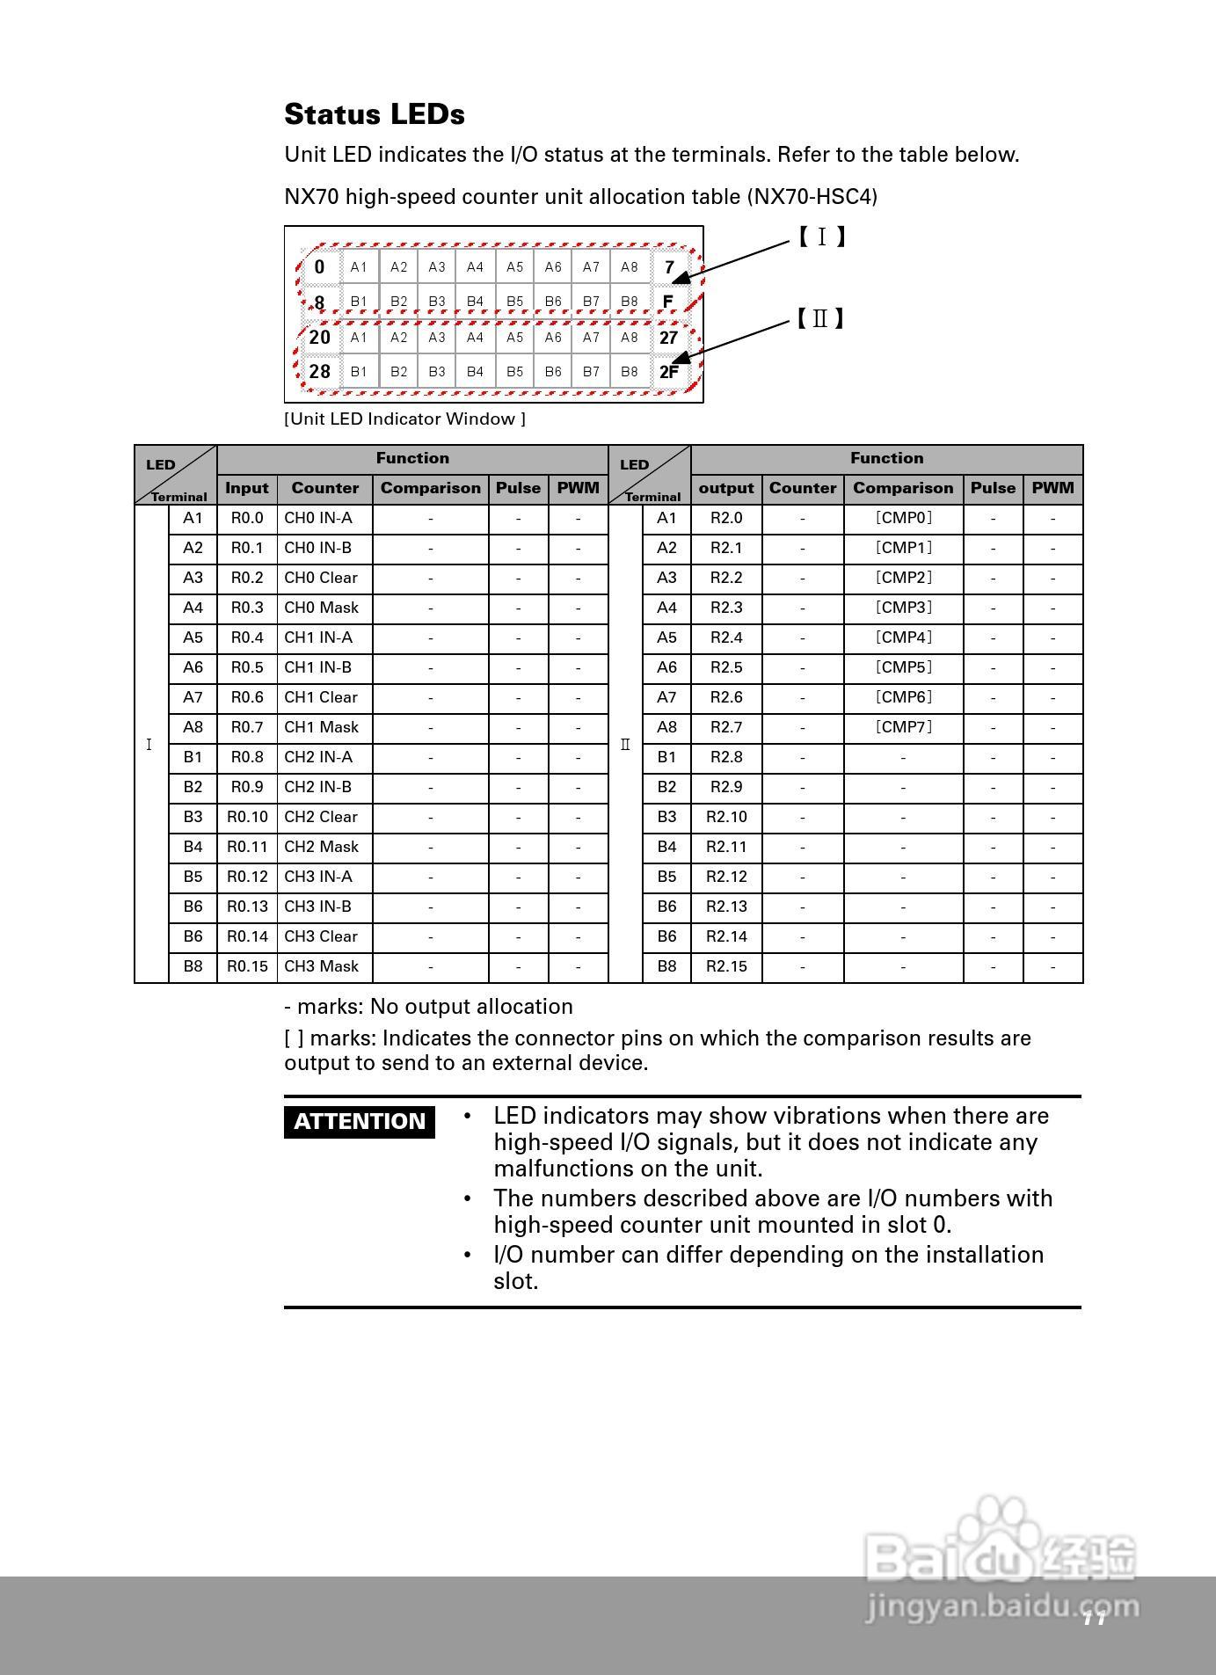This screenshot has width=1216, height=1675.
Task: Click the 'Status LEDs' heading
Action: point(375,114)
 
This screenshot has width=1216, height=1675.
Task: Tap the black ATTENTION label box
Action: point(360,1121)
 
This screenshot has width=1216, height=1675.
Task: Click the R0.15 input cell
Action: point(247,966)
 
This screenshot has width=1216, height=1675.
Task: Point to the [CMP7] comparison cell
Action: point(903,727)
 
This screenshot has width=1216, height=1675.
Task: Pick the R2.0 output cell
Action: point(726,518)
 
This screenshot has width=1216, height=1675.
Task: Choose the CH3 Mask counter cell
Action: point(321,966)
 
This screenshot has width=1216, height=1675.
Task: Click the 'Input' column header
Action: point(247,488)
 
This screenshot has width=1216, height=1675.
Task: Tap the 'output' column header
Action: point(726,488)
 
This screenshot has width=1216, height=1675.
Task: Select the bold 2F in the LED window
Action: point(669,372)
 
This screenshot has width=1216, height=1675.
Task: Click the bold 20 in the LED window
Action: point(320,338)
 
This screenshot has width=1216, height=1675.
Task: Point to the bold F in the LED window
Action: point(668,302)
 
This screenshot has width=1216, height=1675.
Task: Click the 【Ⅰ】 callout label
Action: point(821,237)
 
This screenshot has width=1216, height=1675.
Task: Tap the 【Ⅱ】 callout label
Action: point(820,318)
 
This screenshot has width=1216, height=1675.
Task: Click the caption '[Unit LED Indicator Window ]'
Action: point(404,419)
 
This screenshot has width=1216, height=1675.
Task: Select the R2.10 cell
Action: point(726,817)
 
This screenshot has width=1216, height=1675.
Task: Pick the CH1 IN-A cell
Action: point(317,637)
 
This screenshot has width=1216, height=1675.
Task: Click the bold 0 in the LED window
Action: point(319,267)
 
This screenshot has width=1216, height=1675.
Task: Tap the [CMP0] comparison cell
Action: point(903,518)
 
